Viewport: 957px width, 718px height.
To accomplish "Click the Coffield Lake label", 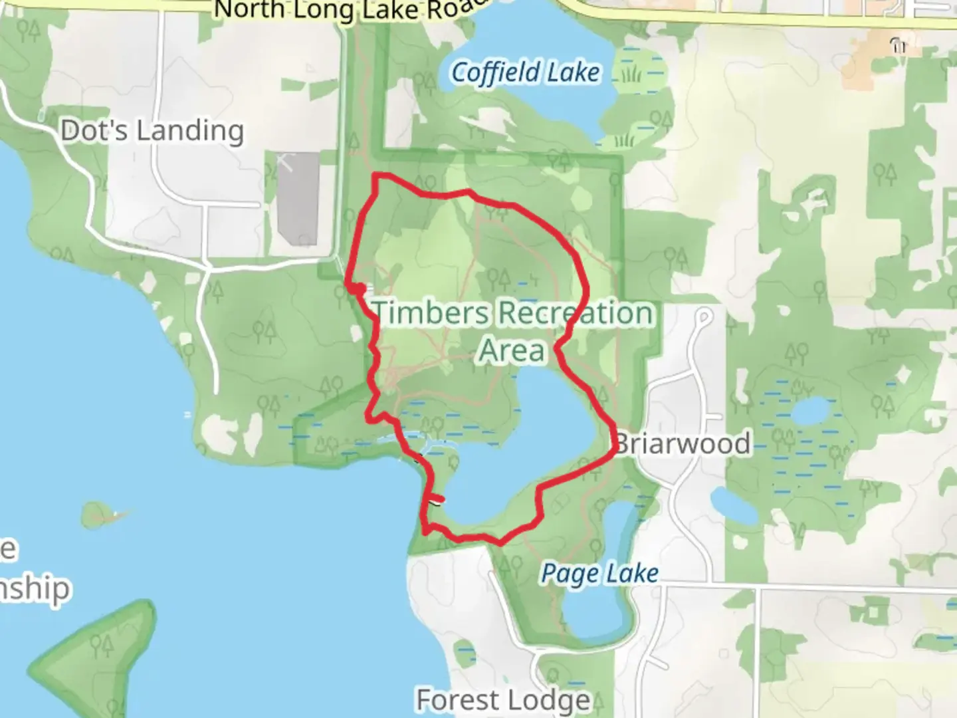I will pos(525,72).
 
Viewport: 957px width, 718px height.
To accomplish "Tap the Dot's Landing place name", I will pos(152,131).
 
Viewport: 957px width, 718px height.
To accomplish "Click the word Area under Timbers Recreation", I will pos(512,350).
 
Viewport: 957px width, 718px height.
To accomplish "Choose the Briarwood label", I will pos(684,443).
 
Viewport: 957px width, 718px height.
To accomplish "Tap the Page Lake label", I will pos(599,573).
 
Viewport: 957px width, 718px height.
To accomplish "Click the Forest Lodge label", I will pos(503,699).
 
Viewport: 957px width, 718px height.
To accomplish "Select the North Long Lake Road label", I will pos(352,9).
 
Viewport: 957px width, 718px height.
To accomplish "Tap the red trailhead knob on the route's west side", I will pos(358,289).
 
